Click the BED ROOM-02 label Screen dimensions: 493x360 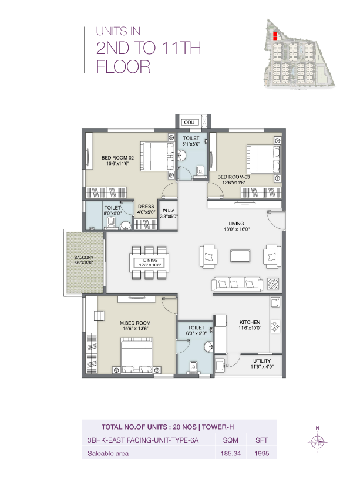coord(118,157)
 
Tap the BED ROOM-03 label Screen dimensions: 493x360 coord(233,177)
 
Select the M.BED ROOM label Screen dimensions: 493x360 coord(135,323)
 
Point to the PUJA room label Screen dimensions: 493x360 coord(169,210)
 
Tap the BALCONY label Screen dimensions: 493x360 coord(83,257)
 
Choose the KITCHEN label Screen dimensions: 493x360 coord(250,322)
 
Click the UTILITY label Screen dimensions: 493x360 coord(262,361)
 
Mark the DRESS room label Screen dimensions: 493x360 coord(146,207)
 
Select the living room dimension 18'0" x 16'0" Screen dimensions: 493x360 coord(237,229)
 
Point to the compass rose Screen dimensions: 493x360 coord(317,441)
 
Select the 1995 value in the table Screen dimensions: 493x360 coord(261,454)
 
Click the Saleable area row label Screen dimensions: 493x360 coord(108,454)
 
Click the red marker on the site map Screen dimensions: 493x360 coord(274,35)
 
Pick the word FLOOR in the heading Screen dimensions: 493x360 coord(123,67)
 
